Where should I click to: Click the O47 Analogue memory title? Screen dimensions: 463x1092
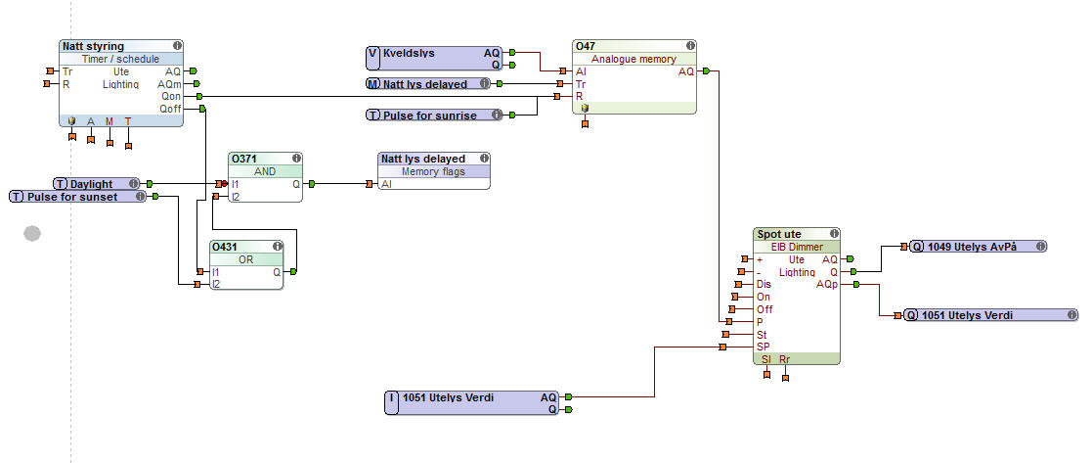pos(587,46)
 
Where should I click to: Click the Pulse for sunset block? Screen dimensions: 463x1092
pos(77,197)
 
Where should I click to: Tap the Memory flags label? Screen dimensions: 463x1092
pos(434,171)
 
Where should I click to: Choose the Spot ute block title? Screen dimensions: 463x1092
pos(779,235)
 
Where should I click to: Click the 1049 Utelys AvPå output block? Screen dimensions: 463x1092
pos(978,247)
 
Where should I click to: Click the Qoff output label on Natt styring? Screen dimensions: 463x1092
pos(170,110)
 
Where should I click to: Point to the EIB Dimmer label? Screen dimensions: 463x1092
pos(797,247)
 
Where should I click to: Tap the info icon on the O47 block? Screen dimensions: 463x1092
pos(690,46)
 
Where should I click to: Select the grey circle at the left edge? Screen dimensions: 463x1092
pos(32,233)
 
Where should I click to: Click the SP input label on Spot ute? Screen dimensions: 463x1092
pos(763,347)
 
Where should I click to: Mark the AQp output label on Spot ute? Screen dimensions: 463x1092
pos(827,284)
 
